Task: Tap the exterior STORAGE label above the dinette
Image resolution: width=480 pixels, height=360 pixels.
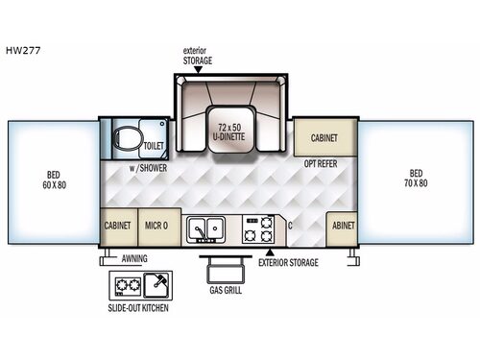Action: point(198,59)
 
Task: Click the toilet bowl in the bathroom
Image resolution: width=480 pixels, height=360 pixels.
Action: point(125,141)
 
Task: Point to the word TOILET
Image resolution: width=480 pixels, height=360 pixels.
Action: point(156,146)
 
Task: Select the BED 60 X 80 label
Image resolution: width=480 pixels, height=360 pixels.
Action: point(54,180)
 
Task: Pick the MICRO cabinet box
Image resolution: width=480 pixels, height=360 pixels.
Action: point(159,226)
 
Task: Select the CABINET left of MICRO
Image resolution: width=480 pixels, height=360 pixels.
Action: point(119,226)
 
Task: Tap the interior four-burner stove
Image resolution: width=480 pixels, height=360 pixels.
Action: point(259,228)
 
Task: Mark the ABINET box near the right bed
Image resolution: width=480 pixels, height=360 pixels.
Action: point(343,227)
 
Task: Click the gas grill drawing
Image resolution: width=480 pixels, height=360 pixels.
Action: point(218,265)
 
